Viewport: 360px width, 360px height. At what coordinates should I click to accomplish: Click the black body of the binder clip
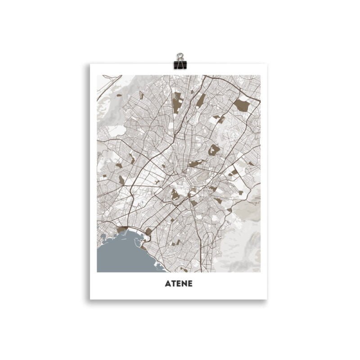[180, 64]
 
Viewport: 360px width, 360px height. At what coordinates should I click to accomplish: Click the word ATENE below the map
[179, 284]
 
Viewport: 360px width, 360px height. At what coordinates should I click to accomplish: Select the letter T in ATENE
[172, 284]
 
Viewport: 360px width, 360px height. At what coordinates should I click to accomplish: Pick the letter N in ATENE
[184, 284]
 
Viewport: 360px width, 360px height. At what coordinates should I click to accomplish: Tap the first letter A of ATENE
[167, 284]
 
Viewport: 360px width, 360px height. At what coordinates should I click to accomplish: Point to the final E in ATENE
[190, 284]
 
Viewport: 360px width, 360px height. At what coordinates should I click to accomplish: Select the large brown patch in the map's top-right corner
[241, 105]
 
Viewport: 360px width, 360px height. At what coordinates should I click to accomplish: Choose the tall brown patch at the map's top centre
[176, 103]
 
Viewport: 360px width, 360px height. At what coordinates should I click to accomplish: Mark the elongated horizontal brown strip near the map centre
[196, 163]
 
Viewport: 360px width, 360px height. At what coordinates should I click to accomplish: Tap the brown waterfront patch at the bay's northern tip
[122, 229]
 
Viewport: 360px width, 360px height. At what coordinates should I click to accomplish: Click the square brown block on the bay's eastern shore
[148, 231]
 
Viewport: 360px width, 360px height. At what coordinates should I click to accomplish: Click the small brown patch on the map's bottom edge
[184, 270]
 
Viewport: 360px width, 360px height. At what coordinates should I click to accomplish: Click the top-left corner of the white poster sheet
[90, 64]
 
